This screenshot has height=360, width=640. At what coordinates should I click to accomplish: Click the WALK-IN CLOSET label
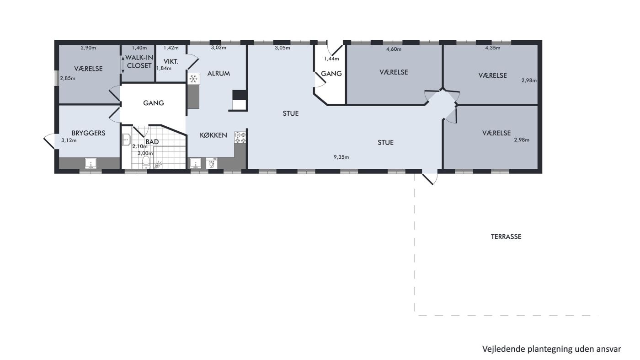point(139,62)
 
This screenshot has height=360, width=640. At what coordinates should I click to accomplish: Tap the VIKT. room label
point(171,61)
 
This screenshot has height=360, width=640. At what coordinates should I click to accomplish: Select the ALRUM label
point(219,74)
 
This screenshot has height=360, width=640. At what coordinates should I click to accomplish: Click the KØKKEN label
point(213,135)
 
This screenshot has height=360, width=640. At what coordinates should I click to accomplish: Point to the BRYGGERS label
point(88,133)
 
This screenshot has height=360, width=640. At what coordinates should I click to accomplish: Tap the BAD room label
point(152,142)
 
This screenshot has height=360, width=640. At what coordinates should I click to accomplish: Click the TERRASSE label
point(506,237)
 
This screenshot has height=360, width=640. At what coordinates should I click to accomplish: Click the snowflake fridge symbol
point(193,79)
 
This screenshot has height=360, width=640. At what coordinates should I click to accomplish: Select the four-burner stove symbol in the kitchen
point(240,138)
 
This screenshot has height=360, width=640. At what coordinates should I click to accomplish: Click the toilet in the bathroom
point(146,162)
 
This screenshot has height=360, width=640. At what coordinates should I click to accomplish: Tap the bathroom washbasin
point(127,140)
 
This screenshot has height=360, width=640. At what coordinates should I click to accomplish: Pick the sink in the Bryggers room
point(91,164)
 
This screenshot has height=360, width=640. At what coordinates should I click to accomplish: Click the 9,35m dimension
point(341,157)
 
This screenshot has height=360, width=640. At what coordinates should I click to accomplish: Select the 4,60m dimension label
point(394,49)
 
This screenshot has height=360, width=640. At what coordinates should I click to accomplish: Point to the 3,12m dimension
point(69,140)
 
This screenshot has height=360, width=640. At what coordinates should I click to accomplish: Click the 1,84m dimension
point(164,68)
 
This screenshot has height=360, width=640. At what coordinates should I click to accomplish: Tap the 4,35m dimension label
point(493,48)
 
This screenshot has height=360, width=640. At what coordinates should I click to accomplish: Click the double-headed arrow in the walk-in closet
point(123,64)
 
